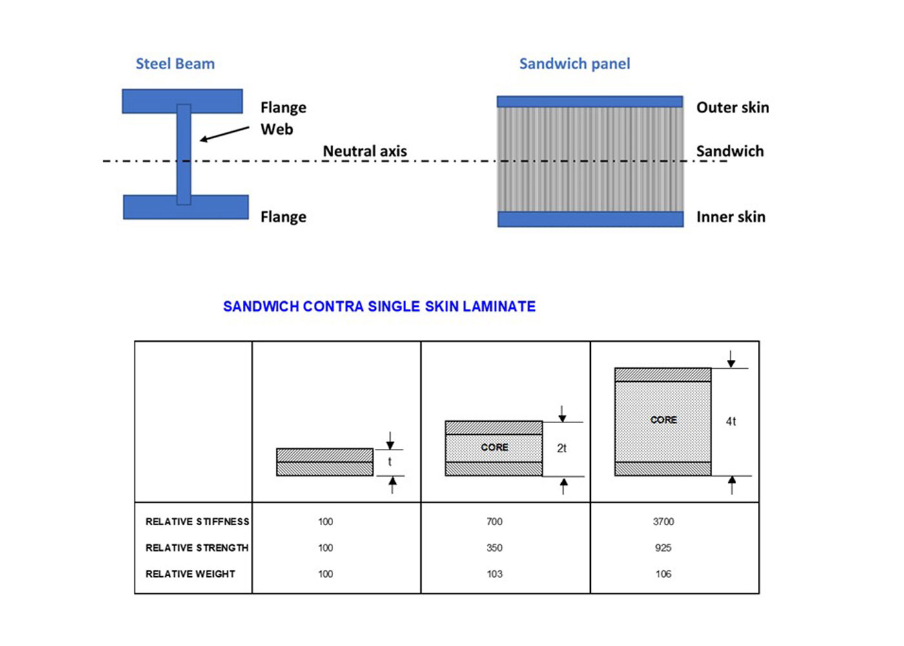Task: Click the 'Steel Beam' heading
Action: (x=175, y=64)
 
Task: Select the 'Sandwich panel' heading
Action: (x=575, y=64)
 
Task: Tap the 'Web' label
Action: (x=277, y=129)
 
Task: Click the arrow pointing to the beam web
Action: (x=225, y=134)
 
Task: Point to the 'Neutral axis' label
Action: (x=365, y=151)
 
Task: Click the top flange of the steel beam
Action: (x=182, y=101)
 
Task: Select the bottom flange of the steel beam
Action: (x=186, y=207)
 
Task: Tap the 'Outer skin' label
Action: (x=732, y=107)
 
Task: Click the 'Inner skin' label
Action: (x=731, y=217)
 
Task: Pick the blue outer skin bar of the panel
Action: (x=590, y=102)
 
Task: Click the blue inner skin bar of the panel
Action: (x=590, y=219)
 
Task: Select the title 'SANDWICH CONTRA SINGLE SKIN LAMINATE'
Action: (x=380, y=306)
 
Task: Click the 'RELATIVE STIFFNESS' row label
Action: (x=198, y=522)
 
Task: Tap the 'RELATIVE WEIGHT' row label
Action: (x=190, y=574)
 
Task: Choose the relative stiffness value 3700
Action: (x=664, y=522)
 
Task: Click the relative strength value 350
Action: (x=495, y=548)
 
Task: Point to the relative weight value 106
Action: (x=664, y=574)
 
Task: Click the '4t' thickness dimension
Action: (x=731, y=421)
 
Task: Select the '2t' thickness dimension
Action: (x=562, y=448)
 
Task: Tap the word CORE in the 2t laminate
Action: (x=495, y=447)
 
